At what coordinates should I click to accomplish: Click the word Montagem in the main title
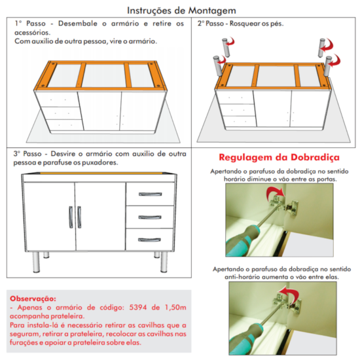coord(212,10)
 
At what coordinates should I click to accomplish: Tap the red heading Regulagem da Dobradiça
coord(279,158)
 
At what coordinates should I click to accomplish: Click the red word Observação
coord(33,298)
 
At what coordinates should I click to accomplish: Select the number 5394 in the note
coord(137,307)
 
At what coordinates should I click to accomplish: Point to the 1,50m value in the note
coord(175,308)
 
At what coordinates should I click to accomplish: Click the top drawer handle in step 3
coord(150,194)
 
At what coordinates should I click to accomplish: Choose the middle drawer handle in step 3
coord(150,217)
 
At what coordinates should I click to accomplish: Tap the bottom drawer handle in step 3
coord(149,240)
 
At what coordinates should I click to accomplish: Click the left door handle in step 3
coord(71,217)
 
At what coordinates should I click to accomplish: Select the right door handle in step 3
coord(79,217)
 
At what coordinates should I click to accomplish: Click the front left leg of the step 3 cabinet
coord(36,262)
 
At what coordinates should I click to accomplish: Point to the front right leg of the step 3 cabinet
coord(164,262)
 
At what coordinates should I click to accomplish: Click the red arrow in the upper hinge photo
coord(274,194)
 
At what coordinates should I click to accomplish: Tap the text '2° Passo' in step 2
coord(211,24)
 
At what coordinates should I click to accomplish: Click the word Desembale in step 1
coord(78,24)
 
